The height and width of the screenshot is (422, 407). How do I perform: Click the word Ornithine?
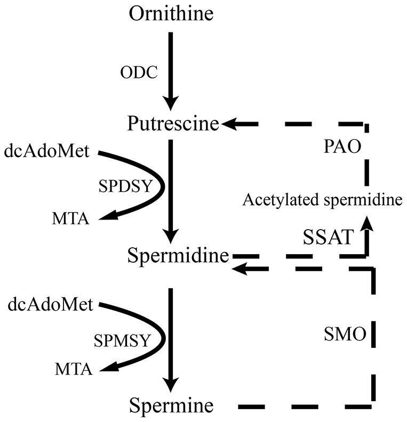coord(171,14)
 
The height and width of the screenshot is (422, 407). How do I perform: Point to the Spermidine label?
coord(178,257)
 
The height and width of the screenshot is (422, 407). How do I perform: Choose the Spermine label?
coord(171,407)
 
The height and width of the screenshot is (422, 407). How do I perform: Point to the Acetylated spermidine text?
coord(322,201)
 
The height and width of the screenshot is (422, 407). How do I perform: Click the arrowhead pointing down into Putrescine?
coord(171,104)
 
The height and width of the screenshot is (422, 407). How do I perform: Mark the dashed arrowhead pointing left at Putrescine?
coord(230,124)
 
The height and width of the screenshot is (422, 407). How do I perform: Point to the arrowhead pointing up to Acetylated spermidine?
coord(366,224)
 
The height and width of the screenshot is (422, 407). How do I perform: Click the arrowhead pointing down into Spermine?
coord(171,385)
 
